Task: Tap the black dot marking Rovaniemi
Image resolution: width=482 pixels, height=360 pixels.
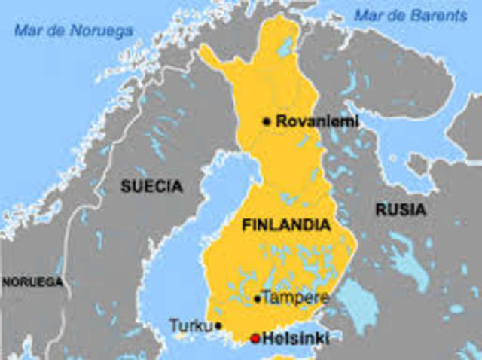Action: pos(267,121)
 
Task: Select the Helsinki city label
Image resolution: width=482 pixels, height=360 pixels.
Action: pos(296,339)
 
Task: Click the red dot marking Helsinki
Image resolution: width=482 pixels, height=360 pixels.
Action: pos(255,338)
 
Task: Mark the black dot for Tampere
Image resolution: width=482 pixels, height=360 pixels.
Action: pos(258,299)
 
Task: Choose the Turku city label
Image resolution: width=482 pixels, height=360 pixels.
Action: pos(190,326)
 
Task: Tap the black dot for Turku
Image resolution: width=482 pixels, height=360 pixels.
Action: pos(218,326)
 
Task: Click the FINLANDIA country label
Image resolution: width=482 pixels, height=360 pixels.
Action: pos(285,224)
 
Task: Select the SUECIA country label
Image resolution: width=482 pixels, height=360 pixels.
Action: pos(151,186)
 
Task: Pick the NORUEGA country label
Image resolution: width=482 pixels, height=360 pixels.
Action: pos(32,282)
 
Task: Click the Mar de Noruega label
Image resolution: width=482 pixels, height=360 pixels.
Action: pos(73,31)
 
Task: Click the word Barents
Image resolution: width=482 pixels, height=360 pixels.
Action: pos(426,14)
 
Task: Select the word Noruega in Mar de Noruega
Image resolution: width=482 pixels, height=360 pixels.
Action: pos(101,31)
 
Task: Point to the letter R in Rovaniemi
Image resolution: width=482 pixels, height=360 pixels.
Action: pos(281,121)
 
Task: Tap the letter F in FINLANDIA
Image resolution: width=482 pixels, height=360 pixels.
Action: pos(246,224)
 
